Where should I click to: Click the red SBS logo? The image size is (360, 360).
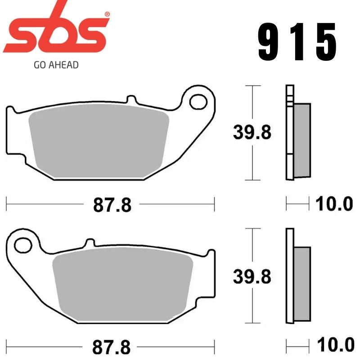pyautogui.click(x=56, y=34)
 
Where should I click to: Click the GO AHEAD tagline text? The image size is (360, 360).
pyautogui.click(x=56, y=65)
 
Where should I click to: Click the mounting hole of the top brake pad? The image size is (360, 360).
pyautogui.click(x=198, y=101)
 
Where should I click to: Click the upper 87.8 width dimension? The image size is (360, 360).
pyautogui.click(x=112, y=205)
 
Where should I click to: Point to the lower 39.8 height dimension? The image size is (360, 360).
pyautogui.click(x=252, y=276)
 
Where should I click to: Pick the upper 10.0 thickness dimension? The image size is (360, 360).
pyautogui.click(x=333, y=204)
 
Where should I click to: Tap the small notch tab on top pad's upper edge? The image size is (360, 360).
pyautogui.click(x=132, y=99)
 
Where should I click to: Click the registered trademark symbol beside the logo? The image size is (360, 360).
pyautogui.click(x=107, y=14)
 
